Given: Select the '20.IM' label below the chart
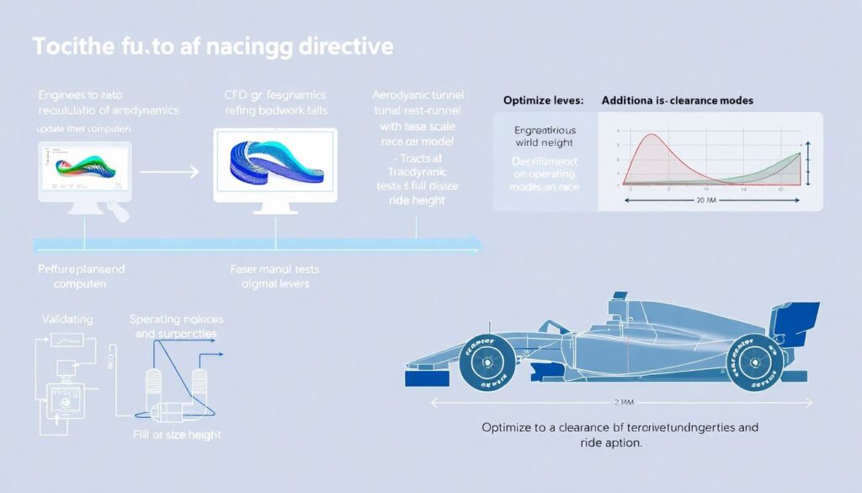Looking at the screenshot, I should pos(706,201).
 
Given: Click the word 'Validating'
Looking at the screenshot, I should pos(67,320).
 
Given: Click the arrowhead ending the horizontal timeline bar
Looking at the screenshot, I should pos(478,244).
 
